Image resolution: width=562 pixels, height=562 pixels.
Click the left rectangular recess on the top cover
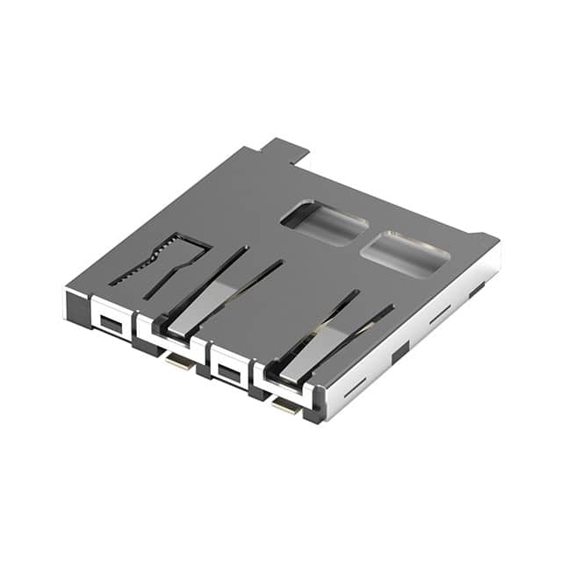click(324, 223)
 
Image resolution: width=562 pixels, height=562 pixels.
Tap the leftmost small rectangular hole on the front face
click(110, 321)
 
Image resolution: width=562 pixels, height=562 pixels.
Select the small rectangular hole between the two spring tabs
click(228, 373)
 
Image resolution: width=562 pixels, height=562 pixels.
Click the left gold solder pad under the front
click(180, 362)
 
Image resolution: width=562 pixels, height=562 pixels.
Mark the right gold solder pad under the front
click(285, 405)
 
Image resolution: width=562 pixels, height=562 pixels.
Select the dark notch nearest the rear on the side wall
click(476, 289)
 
